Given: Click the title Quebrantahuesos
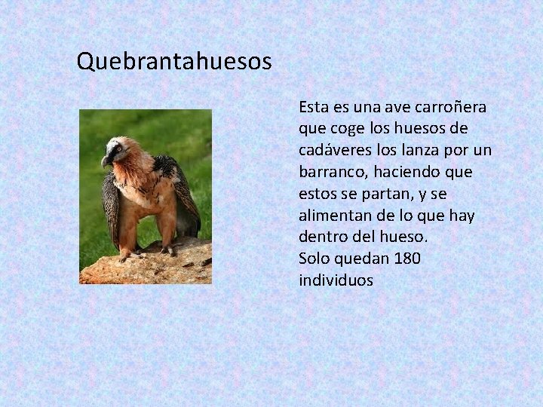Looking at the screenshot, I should (174, 60).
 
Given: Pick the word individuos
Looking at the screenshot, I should (336, 280).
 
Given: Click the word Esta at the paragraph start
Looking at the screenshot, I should (313, 106).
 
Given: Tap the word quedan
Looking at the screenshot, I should (369, 259).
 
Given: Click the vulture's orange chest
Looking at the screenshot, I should (136, 185).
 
